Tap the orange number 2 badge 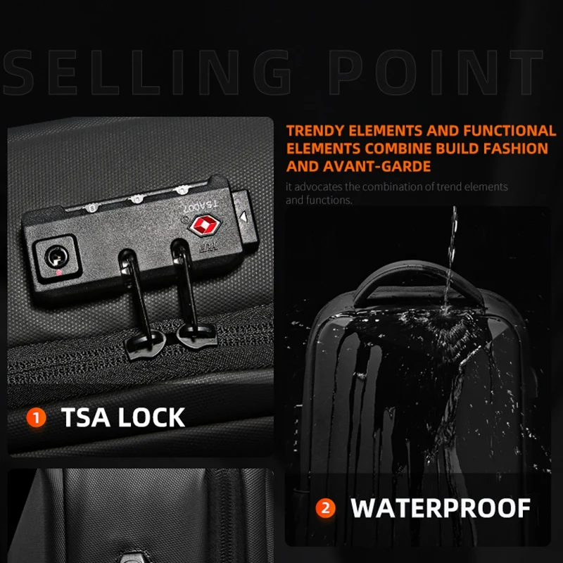click(x=325, y=508)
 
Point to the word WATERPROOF click(x=441, y=508)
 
